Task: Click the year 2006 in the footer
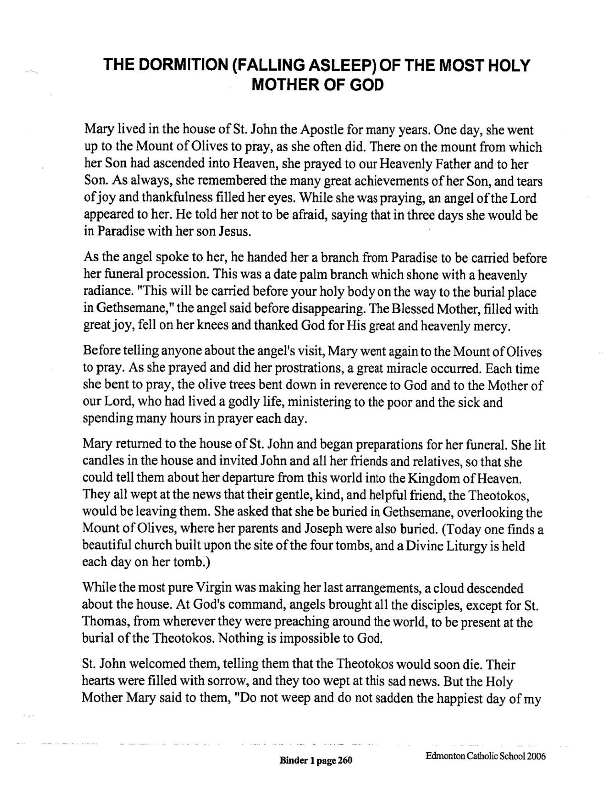[536, 757]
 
